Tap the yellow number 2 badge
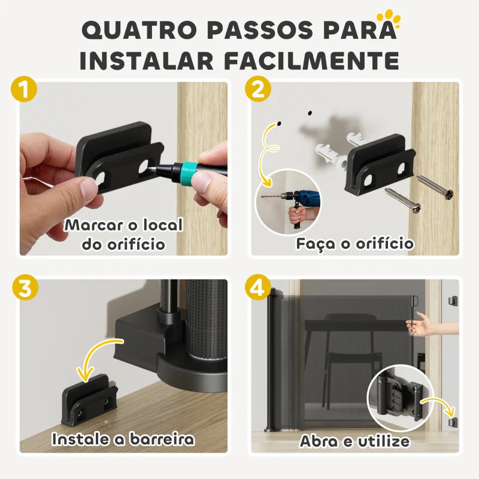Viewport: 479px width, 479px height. (258, 90)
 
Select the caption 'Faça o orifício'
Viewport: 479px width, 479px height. (355, 244)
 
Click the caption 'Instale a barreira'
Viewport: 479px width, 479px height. (123, 439)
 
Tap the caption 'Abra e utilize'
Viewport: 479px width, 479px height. (354, 442)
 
